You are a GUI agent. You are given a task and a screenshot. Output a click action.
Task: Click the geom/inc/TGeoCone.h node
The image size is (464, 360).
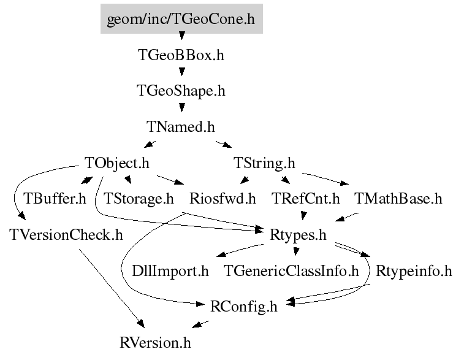(x=181, y=19)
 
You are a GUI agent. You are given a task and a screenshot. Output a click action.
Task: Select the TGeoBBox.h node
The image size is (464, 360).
(x=181, y=55)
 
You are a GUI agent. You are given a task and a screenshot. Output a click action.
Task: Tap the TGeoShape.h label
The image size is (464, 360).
(x=181, y=91)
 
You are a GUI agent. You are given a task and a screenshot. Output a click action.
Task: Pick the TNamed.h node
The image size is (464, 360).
(x=181, y=127)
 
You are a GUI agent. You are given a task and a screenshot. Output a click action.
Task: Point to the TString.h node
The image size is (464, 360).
(x=264, y=163)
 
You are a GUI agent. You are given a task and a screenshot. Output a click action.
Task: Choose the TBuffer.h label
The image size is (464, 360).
(x=55, y=199)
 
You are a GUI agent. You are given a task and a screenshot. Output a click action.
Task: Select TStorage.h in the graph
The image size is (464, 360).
(x=139, y=199)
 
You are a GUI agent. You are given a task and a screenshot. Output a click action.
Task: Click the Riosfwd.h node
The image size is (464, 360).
(x=222, y=199)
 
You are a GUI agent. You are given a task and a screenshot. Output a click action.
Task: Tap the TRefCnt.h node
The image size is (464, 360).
(x=305, y=199)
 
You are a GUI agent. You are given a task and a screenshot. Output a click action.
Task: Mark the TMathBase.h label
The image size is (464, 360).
(x=398, y=199)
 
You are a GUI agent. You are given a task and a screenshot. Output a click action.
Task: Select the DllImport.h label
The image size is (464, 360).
(x=171, y=270)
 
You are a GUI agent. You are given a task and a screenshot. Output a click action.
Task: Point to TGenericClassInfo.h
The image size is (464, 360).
(x=291, y=270)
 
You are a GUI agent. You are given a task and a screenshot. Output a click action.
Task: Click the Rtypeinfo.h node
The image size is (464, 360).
(x=414, y=270)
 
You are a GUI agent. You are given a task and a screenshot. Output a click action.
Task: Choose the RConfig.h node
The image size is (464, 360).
(x=243, y=306)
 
